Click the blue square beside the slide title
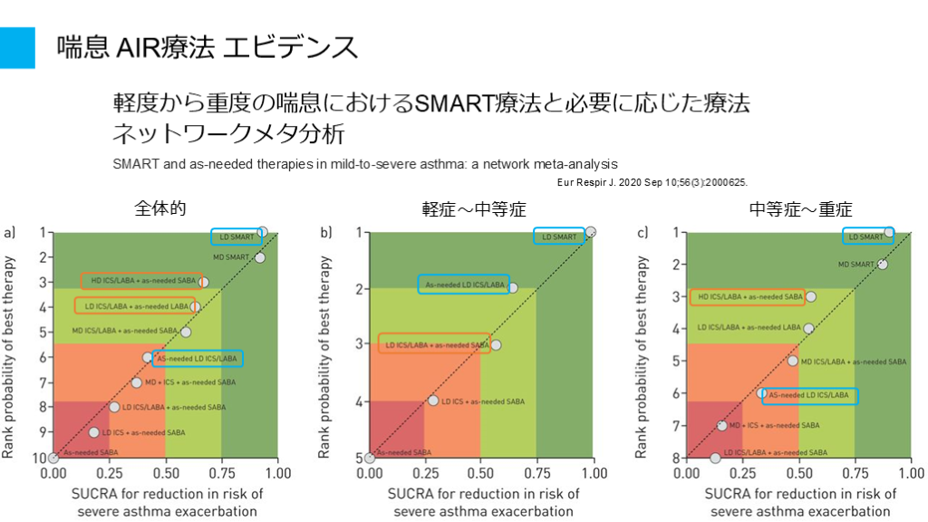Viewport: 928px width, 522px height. point(17,47)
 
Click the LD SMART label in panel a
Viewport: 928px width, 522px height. point(236,237)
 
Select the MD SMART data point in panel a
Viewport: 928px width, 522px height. point(260,257)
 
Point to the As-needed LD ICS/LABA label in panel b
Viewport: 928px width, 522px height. point(463,285)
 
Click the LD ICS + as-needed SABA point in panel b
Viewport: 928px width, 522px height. point(433,401)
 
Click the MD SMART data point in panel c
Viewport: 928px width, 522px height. point(883,264)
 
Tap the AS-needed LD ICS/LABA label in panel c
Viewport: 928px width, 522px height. point(809,395)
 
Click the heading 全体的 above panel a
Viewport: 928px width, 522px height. point(160,208)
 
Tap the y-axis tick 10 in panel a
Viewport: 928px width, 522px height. point(40,458)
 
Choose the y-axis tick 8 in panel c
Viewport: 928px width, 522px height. point(674,458)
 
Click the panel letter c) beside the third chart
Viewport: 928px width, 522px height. point(642,233)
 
